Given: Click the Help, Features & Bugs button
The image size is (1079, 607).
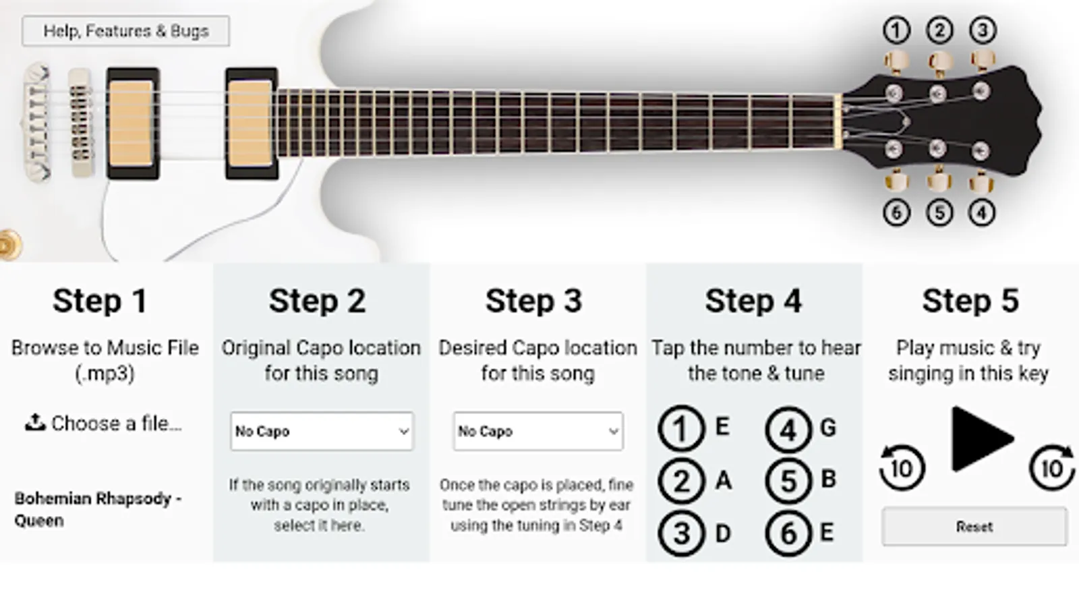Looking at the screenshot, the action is point(125,31).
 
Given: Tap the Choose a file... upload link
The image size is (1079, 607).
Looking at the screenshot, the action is point(104,424).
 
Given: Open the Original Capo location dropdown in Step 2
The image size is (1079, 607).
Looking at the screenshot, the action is point(322,431).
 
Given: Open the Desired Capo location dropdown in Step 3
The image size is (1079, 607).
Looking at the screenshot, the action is point(538,431).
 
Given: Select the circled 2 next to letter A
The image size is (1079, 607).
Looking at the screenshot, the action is point(680,482).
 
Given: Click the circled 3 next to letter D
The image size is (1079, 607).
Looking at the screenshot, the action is point(680,533).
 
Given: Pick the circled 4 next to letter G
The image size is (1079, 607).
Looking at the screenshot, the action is point(788,429).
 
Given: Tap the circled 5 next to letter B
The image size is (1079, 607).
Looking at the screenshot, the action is point(788,482).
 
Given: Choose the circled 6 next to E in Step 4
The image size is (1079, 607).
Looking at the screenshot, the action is point(788,533).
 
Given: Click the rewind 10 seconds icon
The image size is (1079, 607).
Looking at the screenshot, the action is point(902,467).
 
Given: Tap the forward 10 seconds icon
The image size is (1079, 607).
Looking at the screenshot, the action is point(1053,467).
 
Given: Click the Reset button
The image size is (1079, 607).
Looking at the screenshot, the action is point(974,527).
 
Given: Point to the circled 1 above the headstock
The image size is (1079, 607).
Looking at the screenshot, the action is point(896,30).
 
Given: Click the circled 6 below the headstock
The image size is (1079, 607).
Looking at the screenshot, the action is point(896,213).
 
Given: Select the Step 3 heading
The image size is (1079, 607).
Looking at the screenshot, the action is point(533,301).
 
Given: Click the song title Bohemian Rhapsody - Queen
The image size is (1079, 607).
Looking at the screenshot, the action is point(98,509).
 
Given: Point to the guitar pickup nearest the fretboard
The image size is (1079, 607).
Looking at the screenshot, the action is point(252,123).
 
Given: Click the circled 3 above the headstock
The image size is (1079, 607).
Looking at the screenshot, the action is point(983,30).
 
